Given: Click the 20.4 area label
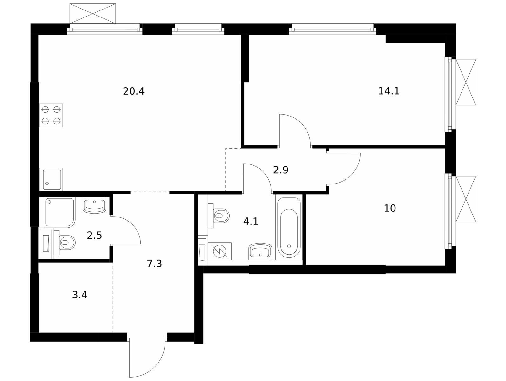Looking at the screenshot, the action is [x=133, y=91].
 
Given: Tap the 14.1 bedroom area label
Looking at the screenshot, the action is [x=389, y=91].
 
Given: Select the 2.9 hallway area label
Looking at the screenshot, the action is [x=280, y=170].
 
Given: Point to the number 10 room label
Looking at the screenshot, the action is [x=390, y=208].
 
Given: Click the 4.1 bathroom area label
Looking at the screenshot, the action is [x=251, y=221].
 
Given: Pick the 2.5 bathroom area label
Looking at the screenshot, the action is [x=94, y=235].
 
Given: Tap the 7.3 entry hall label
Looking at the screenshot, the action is [x=154, y=264].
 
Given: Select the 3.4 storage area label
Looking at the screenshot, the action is [x=79, y=295].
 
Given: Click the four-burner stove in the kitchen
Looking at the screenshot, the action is [x=51, y=115].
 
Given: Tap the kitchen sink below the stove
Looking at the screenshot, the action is [x=51, y=179].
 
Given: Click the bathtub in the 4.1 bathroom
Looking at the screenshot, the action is [x=289, y=227].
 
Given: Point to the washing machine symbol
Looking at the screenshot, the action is [x=220, y=251].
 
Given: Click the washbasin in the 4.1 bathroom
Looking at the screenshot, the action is [x=260, y=251].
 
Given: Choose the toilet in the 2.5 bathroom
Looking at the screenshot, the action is [x=65, y=242].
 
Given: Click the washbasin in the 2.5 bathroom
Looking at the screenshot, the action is [x=95, y=205].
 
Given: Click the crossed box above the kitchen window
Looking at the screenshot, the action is [x=93, y=14].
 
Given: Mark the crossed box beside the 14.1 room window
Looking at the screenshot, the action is [x=466, y=82].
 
